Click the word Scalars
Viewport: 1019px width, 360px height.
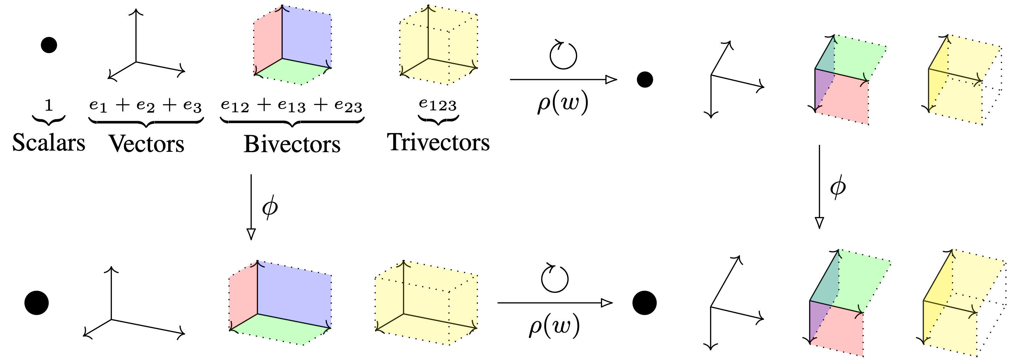(49, 142)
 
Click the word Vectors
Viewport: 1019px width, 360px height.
(146, 143)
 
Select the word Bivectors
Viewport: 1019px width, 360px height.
(292, 144)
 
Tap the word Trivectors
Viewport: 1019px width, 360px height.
(438, 142)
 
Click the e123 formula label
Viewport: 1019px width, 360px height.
(438, 105)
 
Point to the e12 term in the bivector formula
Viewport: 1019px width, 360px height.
(235, 105)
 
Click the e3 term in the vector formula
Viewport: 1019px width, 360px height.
(193, 106)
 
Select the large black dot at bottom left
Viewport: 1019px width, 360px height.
(36, 303)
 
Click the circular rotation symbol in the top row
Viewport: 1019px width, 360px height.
(563, 55)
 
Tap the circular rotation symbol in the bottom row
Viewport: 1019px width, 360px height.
(555, 278)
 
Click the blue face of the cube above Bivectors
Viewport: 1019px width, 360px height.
(306, 38)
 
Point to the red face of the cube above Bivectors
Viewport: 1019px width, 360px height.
(268, 44)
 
